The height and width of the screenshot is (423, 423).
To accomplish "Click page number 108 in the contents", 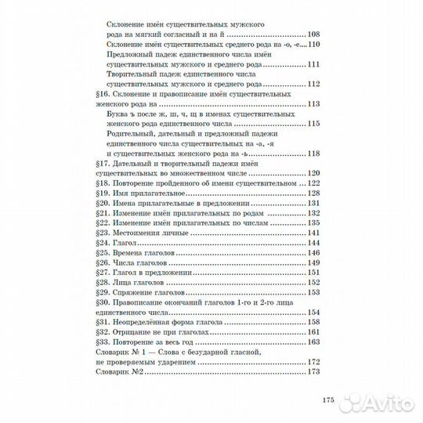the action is click(x=315, y=35).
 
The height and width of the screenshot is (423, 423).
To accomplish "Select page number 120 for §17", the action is click(x=315, y=172).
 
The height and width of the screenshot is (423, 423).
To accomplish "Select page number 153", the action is click(x=315, y=292).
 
